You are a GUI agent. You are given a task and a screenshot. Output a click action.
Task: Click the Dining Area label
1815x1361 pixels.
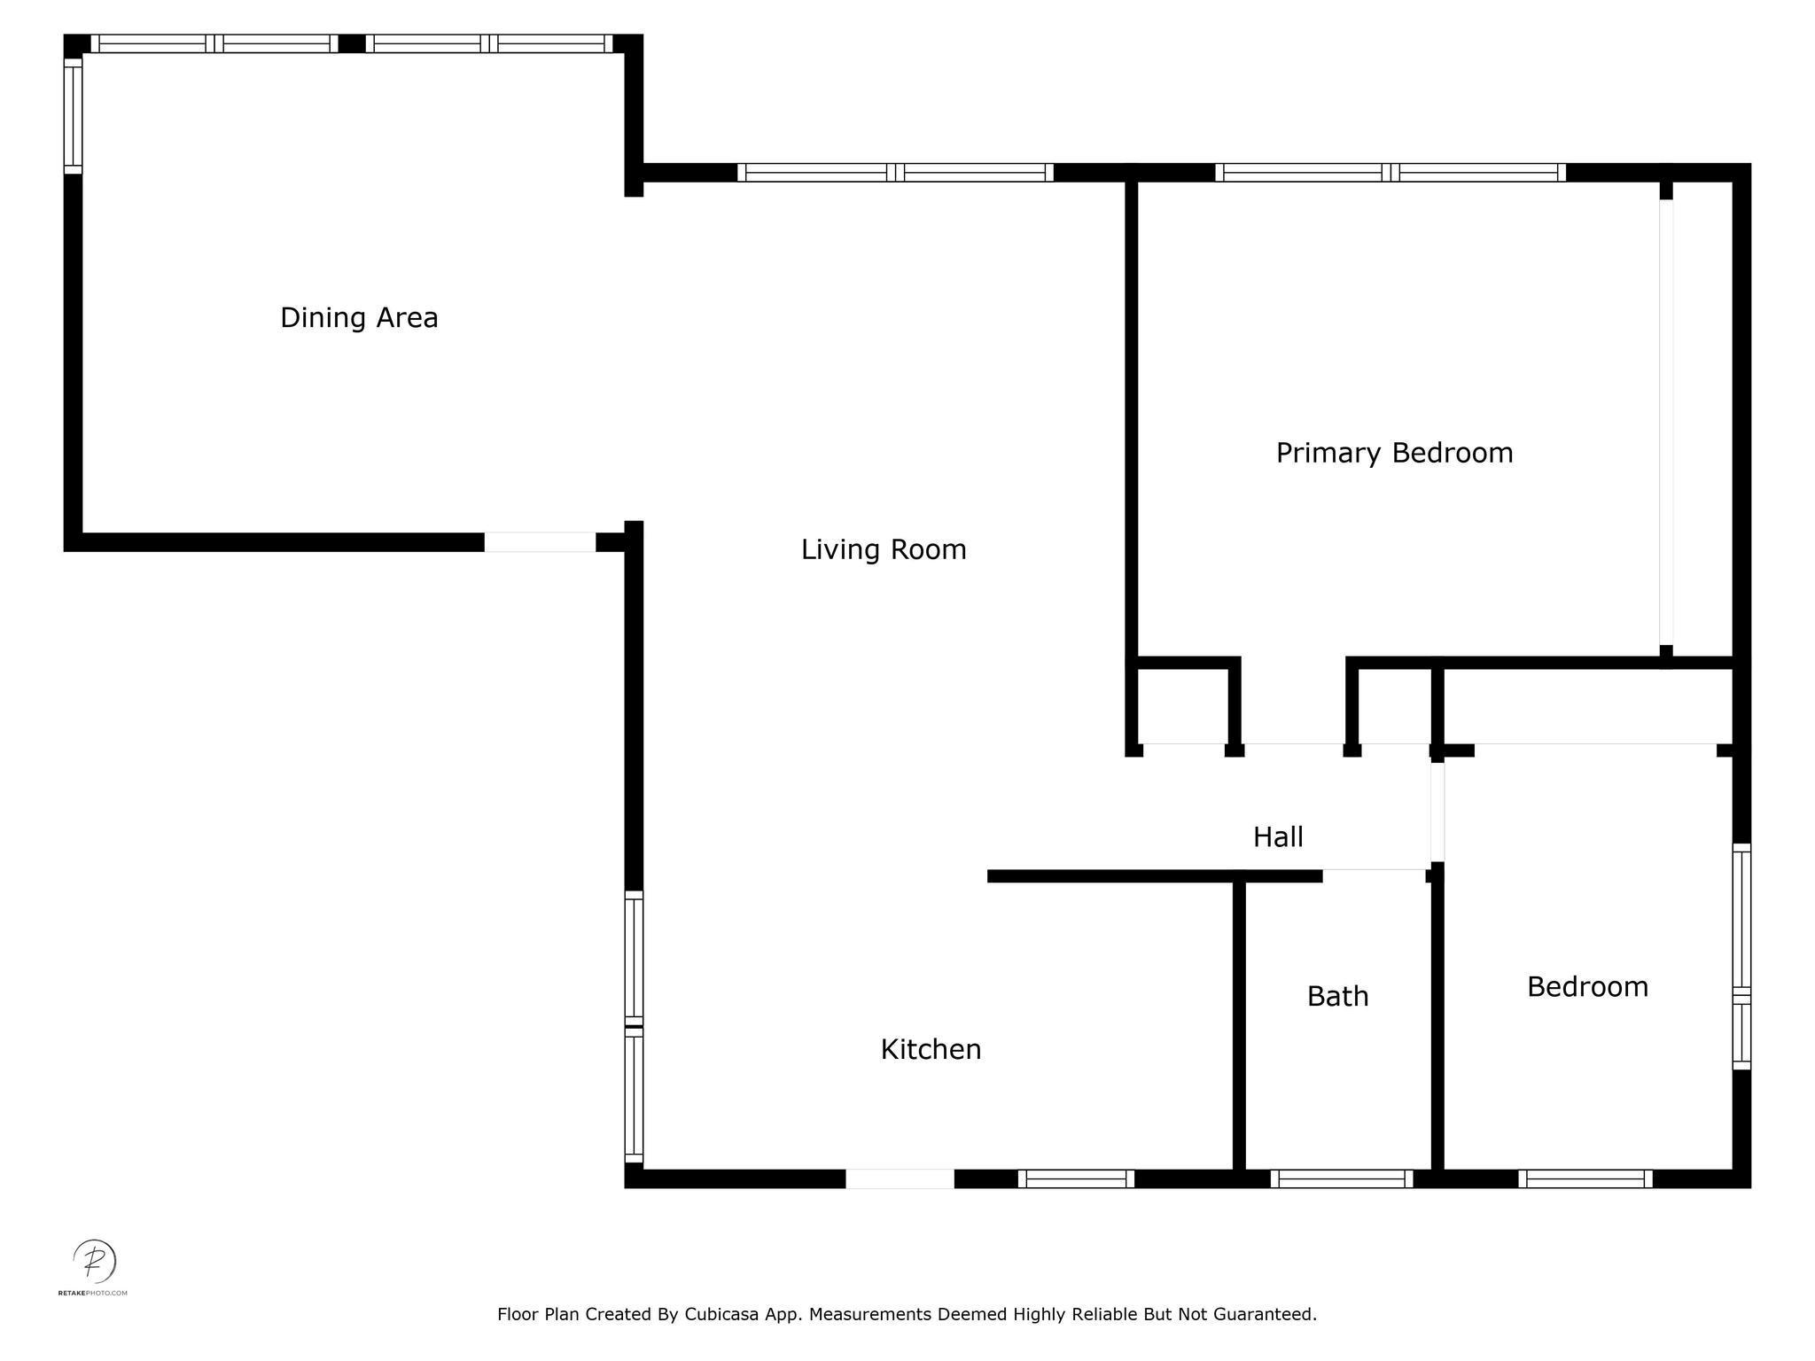tap(359, 318)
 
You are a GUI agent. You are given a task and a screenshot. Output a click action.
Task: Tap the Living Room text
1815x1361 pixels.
tap(884, 549)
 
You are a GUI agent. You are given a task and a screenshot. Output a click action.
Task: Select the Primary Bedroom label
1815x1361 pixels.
tap(1394, 453)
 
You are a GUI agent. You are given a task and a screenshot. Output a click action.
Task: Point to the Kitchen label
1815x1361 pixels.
tap(931, 1049)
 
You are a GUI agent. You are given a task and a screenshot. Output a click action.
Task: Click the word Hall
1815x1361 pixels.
tap(1278, 836)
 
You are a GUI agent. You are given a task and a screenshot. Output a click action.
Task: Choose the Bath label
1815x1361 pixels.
tap(1337, 996)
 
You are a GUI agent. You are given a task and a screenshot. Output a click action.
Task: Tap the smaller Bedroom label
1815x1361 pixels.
tap(1587, 986)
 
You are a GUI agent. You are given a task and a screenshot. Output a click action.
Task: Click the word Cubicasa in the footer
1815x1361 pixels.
tap(721, 1314)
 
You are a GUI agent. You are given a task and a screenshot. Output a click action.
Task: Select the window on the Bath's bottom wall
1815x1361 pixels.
tap(1341, 1178)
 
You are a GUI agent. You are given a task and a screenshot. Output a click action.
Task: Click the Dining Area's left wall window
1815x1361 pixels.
tap(73, 115)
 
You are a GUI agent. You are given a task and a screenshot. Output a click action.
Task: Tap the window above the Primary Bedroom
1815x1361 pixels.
tap(1390, 173)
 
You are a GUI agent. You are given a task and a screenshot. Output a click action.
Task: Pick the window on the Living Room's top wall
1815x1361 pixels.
tap(895, 173)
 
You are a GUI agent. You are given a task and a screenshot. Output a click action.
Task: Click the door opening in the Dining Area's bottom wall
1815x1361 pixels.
tap(540, 542)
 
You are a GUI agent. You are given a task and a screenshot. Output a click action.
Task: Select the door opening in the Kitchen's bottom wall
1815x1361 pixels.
tap(900, 1178)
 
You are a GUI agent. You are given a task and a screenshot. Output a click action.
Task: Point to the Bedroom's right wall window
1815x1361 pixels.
tap(1741, 957)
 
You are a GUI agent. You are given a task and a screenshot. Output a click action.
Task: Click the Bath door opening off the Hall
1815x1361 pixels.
tap(1374, 875)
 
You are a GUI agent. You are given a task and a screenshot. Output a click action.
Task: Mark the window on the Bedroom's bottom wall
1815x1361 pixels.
tap(1585, 1178)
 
